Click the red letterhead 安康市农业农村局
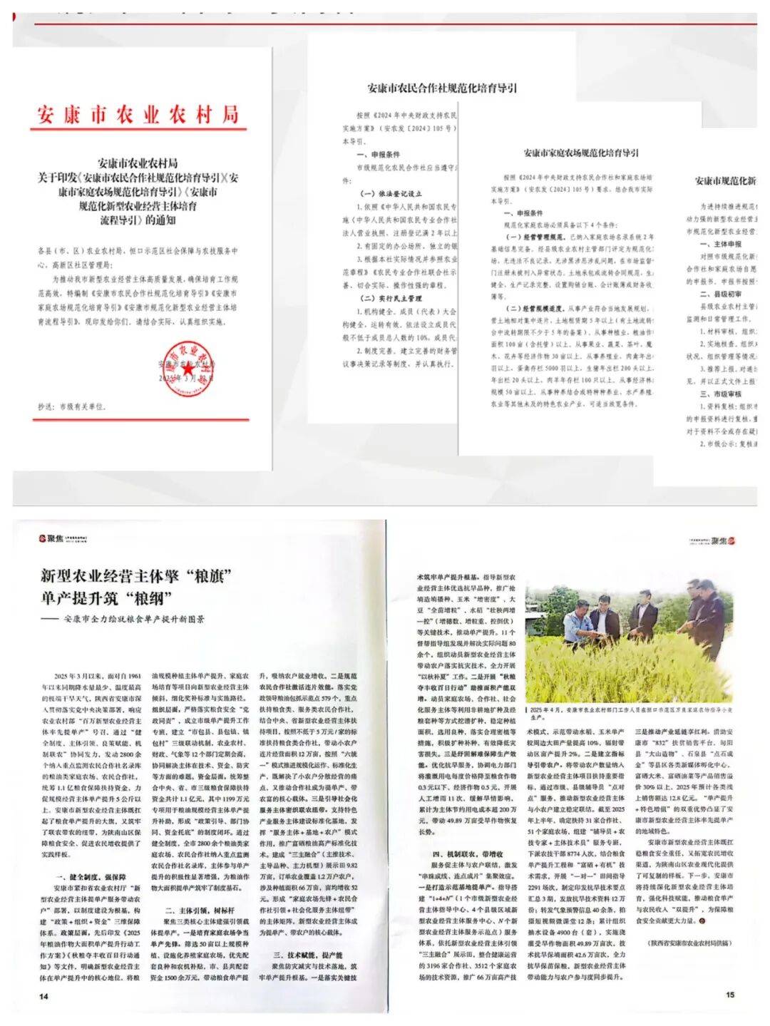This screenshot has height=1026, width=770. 138,114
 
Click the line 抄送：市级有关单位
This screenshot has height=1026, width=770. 72,406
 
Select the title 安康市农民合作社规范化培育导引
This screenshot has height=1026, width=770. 442,88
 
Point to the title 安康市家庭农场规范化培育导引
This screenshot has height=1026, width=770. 581,153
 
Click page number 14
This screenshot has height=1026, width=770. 43,995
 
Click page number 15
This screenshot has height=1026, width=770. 729,994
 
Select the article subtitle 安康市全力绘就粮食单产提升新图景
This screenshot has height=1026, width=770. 133,619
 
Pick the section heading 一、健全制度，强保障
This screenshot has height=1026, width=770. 91,877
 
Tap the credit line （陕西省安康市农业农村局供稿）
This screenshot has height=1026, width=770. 689,943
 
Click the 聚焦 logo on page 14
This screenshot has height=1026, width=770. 51,538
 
